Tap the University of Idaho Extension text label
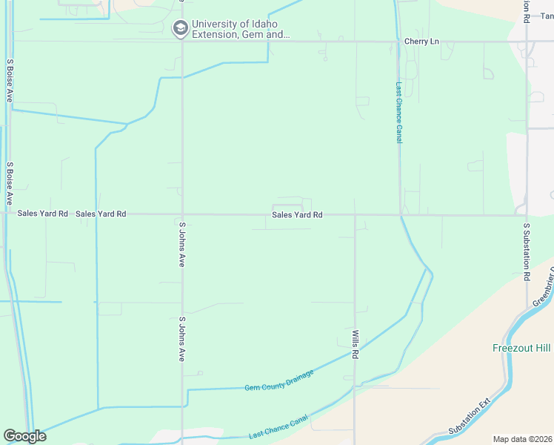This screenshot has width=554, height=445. pyautogui.click(x=240, y=29)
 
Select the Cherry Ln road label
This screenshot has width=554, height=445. pyautogui.click(x=421, y=42)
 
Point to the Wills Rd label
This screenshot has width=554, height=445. pyautogui.click(x=356, y=345)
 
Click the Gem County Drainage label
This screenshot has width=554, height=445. pyautogui.click(x=279, y=380)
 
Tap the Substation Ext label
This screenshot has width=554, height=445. pyautogui.click(x=470, y=418)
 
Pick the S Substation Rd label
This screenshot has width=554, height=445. pyautogui.click(x=527, y=251)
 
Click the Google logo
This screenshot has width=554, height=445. pyautogui.click(x=24, y=436)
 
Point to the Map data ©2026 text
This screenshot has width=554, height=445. pyautogui.click(x=522, y=439)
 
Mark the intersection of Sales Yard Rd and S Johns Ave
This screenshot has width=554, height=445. pyautogui.click(x=182, y=215)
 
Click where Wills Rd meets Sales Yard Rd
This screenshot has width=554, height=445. pyautogui.click(x=356, y=216)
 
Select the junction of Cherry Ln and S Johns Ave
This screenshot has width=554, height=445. pyautogui.click(x=182, y=42)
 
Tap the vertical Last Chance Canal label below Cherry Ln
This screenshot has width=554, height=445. pyautogui.click(x=398, y=112)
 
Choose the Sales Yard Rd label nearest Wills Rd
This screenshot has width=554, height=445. pyautogui.click(x=297, y=215)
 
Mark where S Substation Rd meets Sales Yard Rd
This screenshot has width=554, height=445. pyautogui.click(x=527, y=216)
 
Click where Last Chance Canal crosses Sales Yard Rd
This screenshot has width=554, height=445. pyautogui.click(x=401, y=216)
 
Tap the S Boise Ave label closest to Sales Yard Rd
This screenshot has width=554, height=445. pyautogui.click(x=10, y=183)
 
